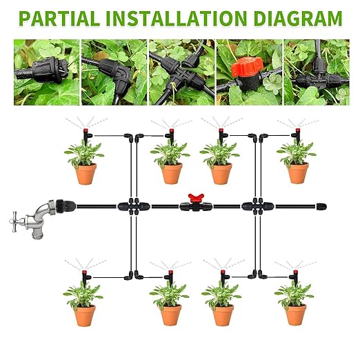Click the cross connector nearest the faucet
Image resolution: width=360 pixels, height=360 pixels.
click(130, 205)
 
